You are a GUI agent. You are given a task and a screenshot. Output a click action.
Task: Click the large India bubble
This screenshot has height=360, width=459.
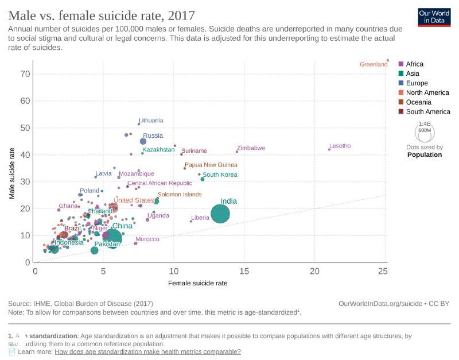pos(220,214)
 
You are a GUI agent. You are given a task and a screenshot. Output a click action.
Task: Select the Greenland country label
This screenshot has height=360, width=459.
pos(374,64)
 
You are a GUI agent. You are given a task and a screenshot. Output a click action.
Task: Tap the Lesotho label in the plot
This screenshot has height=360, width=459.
pos(340,146)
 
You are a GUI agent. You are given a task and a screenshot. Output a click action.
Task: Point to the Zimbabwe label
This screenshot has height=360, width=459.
pos(251,148)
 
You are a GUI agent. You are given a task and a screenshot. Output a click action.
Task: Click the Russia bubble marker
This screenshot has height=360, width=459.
pos(143,141)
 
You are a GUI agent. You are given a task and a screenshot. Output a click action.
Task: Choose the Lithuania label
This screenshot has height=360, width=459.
pos(151,121)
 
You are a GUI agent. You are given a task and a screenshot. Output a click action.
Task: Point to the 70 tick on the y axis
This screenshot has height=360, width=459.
pos(26,73)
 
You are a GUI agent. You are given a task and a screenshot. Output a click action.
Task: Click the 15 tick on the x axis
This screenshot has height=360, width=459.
pos(244,270)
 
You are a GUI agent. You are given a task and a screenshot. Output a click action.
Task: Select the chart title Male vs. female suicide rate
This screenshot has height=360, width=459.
pos(102,16)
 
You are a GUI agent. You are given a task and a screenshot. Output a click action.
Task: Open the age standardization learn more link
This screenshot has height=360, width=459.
pos(147,351)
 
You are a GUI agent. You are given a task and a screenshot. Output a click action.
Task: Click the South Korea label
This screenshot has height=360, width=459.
pos(220,175)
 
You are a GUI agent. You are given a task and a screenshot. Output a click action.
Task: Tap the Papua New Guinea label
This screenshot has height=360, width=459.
pos(211,165)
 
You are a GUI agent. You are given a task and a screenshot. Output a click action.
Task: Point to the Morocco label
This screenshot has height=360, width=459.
pos(147,239)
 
